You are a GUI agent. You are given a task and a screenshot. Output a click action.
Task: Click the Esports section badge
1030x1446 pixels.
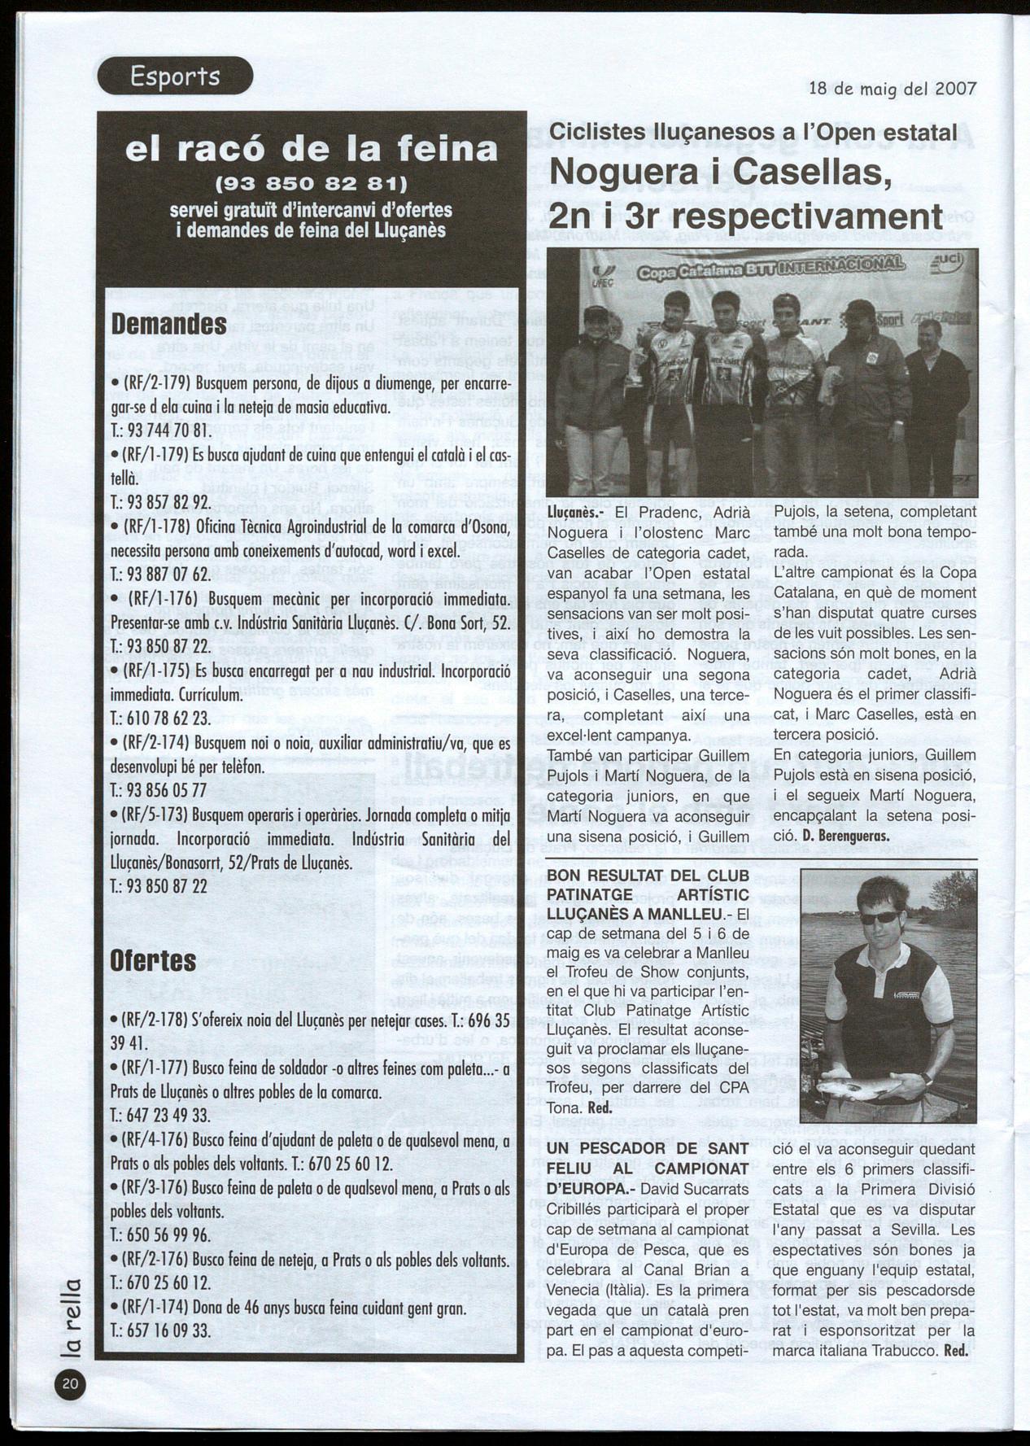[x=175, y=76]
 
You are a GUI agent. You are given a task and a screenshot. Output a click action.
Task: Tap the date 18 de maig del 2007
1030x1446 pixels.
[x=893, y=89]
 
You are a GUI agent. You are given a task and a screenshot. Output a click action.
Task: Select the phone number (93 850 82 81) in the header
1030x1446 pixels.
[x=310, y=180]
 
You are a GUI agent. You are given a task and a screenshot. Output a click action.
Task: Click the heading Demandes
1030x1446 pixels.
[x=168, y=324]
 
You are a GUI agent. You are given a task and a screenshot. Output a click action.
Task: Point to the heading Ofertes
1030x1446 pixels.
[x=153, y=960]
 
